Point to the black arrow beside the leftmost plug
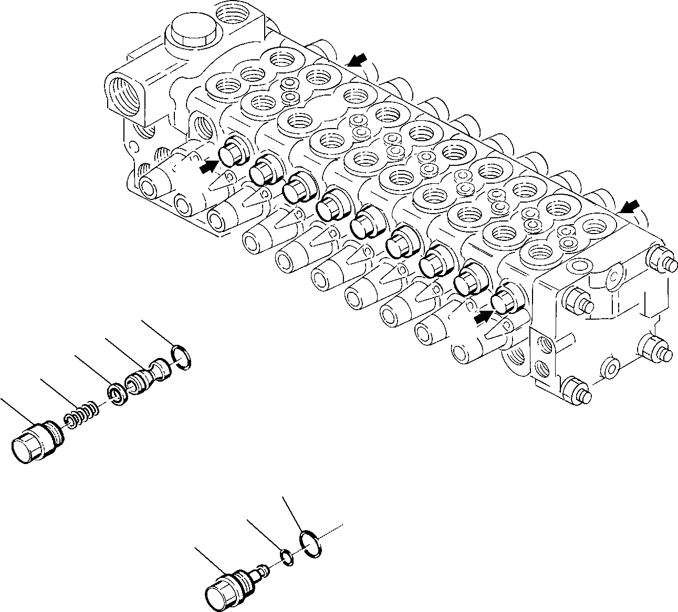[x=208, y=166]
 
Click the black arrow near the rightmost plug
[x=482, y=315]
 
